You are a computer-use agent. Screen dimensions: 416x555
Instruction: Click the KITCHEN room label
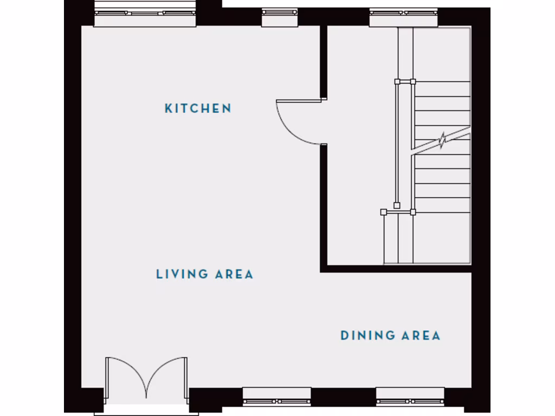[x=198, y=108]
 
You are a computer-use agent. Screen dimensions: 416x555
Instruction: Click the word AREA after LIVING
[x=234, y=274]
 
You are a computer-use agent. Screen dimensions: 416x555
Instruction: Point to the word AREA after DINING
[x=421, y=336]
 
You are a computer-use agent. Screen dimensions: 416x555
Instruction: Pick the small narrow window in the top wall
[x=280, y=17]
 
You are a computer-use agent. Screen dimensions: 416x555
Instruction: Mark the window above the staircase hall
[x=403, y=17]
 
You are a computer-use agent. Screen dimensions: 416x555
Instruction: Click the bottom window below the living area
[x=276, y=396]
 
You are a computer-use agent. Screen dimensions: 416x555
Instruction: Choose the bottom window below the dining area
[x=410, y=396]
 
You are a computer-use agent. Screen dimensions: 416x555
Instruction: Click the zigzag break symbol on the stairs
[x=443, y=141]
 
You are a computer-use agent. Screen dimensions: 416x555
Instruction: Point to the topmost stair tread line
[x=442, y=82]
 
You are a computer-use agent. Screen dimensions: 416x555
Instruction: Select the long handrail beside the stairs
[x=397, y=144]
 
